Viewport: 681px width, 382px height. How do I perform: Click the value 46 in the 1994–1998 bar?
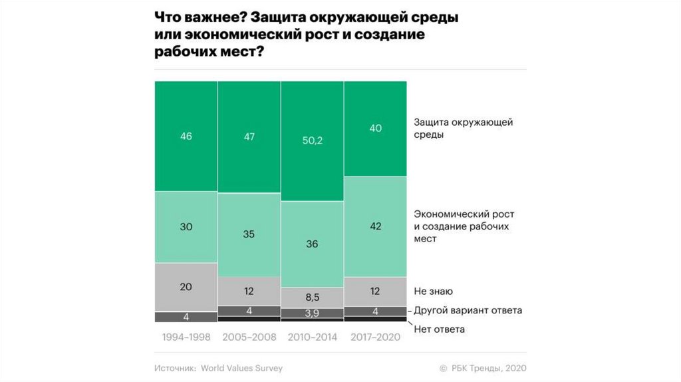(x=186, y=136)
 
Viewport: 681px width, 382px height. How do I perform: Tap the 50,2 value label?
(x=312, y=140)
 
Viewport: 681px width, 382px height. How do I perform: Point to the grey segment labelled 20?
(x=186, y=286)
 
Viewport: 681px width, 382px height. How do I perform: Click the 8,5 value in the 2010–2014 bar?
(x=312, y=296)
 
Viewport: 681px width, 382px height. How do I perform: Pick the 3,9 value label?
(x=312, y=313)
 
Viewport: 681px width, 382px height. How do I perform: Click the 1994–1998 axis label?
(x=186, y=337)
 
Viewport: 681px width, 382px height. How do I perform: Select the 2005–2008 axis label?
(x=249, y=337)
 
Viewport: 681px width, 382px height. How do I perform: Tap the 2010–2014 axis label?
(x=312, y=337)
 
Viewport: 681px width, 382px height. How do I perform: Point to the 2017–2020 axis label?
(x=375, y=337)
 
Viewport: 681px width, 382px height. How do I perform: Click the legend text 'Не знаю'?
(x=433, y=291)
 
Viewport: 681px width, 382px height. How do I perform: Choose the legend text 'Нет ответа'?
(x=439, y=329)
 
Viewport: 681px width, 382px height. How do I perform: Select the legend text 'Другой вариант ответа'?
(x=468, y=310)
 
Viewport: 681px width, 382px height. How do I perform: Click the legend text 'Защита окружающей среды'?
(x=463, y=128)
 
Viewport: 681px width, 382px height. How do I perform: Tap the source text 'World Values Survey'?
(x=242, y=367)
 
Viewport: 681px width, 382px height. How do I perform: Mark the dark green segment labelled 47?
(x=249, y=136)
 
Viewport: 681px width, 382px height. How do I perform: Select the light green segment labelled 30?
(x=186, y=226)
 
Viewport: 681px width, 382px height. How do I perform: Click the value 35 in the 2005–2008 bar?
(x=249, y=234)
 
